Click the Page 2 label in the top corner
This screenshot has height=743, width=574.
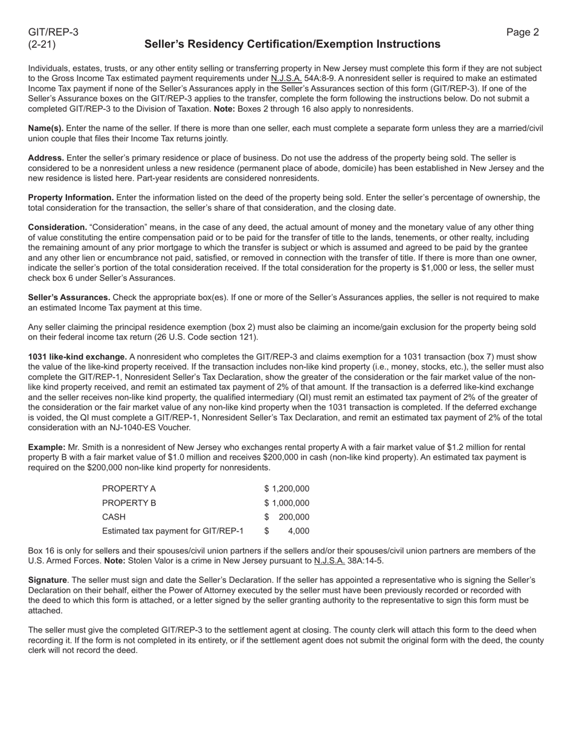coord(523,33)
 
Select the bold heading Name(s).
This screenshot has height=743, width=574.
coord(46,129)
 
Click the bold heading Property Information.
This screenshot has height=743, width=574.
coord(71,198)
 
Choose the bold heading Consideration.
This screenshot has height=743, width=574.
coord(57,227)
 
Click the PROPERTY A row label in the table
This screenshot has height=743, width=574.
coord(129,489)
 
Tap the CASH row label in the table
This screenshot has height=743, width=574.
coord(114,517)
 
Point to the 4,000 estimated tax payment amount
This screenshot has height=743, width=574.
coord(298,531)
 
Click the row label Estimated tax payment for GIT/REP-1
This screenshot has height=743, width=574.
coord(173,531)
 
